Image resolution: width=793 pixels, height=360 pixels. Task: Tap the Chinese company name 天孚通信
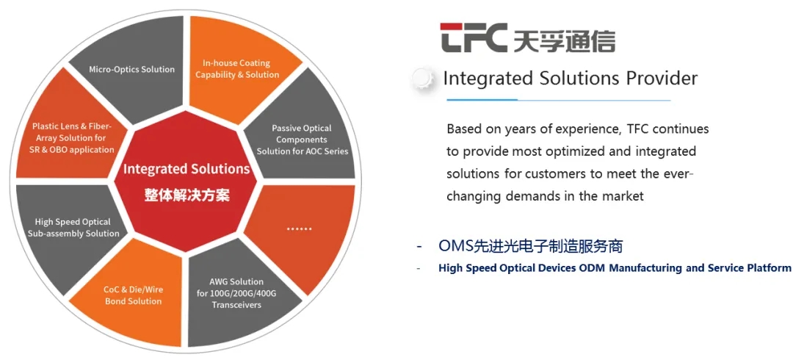tap(563, 40)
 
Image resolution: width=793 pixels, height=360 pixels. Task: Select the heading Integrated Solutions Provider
tap(570, 78)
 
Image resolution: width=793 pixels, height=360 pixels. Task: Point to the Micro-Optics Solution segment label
tap(132, 70)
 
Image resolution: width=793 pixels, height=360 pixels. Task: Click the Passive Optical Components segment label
tap(302, 140)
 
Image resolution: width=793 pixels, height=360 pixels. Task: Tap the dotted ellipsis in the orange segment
tap(300, 228)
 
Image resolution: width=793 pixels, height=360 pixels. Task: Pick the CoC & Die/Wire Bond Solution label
tap(133, 295)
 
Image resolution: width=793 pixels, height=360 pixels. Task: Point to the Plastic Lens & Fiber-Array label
tap(73, 138)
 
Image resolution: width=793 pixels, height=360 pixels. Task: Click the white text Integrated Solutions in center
tap(187, 169)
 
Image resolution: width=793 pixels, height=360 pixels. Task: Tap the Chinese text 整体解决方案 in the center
tap(187, 195)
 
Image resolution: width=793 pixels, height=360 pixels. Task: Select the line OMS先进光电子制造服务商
tap(530, 246)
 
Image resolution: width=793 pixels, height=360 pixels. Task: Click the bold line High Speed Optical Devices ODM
tap(615, 268)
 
